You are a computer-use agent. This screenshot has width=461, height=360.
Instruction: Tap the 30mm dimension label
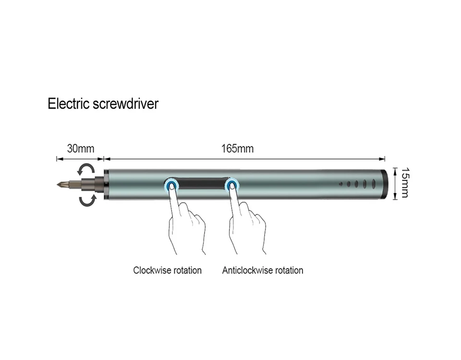click(x=80, y=148)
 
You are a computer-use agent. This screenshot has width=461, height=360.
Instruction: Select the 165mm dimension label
click(x=237, y=148)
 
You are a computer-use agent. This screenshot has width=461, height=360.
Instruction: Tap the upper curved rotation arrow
click(x=86, y=169)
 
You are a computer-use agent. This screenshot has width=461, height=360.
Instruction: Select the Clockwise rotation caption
click(x=167, y=270)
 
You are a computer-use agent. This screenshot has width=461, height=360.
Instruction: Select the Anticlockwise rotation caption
click(x=263, y=270)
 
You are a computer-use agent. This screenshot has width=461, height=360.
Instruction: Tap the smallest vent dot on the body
click(x=340, y=183)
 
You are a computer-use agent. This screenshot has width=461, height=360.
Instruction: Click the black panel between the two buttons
click(x=202, y=184)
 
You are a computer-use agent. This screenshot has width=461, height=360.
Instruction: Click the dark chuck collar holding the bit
click(x=100, y=184)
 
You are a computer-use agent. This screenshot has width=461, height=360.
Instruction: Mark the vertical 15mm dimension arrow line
click(x=395, y=182)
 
